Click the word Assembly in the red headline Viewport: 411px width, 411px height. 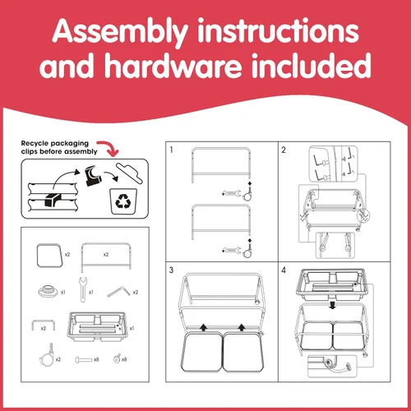[120, 32]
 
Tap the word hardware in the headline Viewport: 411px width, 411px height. [173, 65]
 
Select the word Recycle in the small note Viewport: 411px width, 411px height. [35, 143]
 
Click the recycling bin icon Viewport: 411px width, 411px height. [123, 201]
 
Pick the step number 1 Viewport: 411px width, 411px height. [172, 150]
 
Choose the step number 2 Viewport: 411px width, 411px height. [284, 150]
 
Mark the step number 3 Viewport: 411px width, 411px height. [171, 270]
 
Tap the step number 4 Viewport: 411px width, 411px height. [284, 270]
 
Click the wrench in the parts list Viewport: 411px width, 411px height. [83, 289]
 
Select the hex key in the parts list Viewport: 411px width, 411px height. [119, 292]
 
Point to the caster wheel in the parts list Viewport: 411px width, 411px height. [48, 355]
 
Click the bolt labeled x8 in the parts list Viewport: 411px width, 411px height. [83, 359]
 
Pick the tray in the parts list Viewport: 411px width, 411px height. [98, 326]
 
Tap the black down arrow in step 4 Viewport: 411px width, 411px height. [332, 305]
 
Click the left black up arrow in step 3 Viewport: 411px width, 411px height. [203, 327]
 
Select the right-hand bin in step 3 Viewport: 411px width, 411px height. [242, 352]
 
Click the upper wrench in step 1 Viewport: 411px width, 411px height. [232, 194]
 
